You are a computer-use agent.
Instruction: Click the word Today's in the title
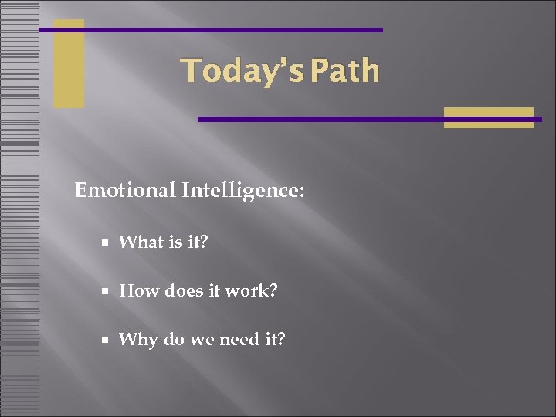click(232, 71)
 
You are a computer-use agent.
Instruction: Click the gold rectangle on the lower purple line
click(488, 117)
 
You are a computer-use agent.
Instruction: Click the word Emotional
click(125, 190)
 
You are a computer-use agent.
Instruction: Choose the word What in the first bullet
click(141, 242)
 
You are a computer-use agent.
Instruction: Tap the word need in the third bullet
click(239, 340)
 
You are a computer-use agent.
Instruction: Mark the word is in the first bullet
click(175, 242)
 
